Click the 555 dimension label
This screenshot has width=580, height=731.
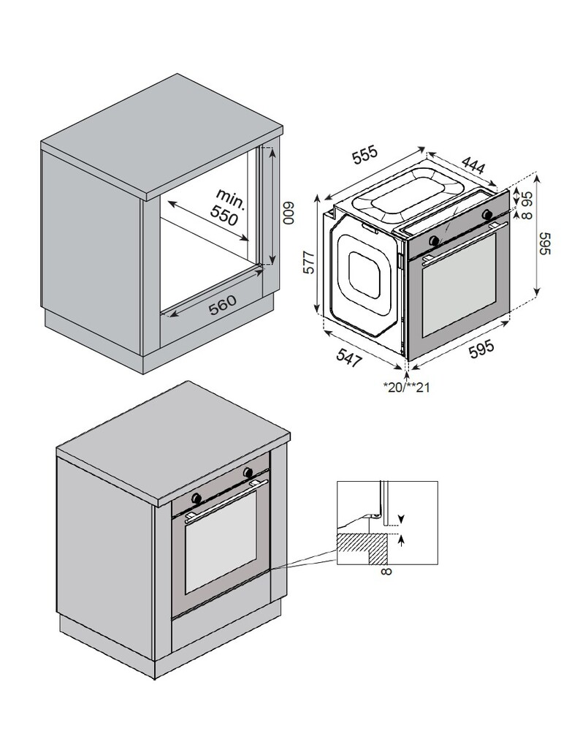click(x=365, y=156)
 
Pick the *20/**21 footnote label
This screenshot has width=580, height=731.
click(x=406, y=387)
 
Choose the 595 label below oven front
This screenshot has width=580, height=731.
click(x=481, y=349)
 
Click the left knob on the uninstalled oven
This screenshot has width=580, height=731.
click(x=435, y=240)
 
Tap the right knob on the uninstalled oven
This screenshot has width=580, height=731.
click(x=487, y=213)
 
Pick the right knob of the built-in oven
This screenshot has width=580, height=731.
click(x=248, y=471)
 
